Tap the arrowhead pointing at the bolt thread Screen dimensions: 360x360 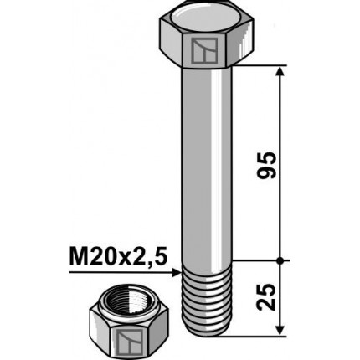(x=177, y=271)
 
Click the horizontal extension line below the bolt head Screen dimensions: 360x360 (x=260, y=65)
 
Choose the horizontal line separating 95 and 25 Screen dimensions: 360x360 (x=260, y=260)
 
